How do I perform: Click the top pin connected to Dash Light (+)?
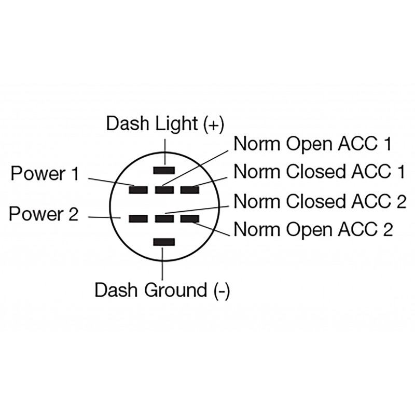point(164,170)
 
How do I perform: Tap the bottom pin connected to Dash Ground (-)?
point(164,242)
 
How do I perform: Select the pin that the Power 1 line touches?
point(139,190)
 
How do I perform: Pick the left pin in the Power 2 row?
point(139,219)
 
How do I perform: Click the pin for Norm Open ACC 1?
point(164,190)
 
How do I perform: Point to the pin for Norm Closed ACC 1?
point(190,190)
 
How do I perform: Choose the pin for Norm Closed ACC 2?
point(164,219)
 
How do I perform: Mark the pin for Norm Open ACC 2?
point(190,219)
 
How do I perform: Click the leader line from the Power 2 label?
point(104,218)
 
